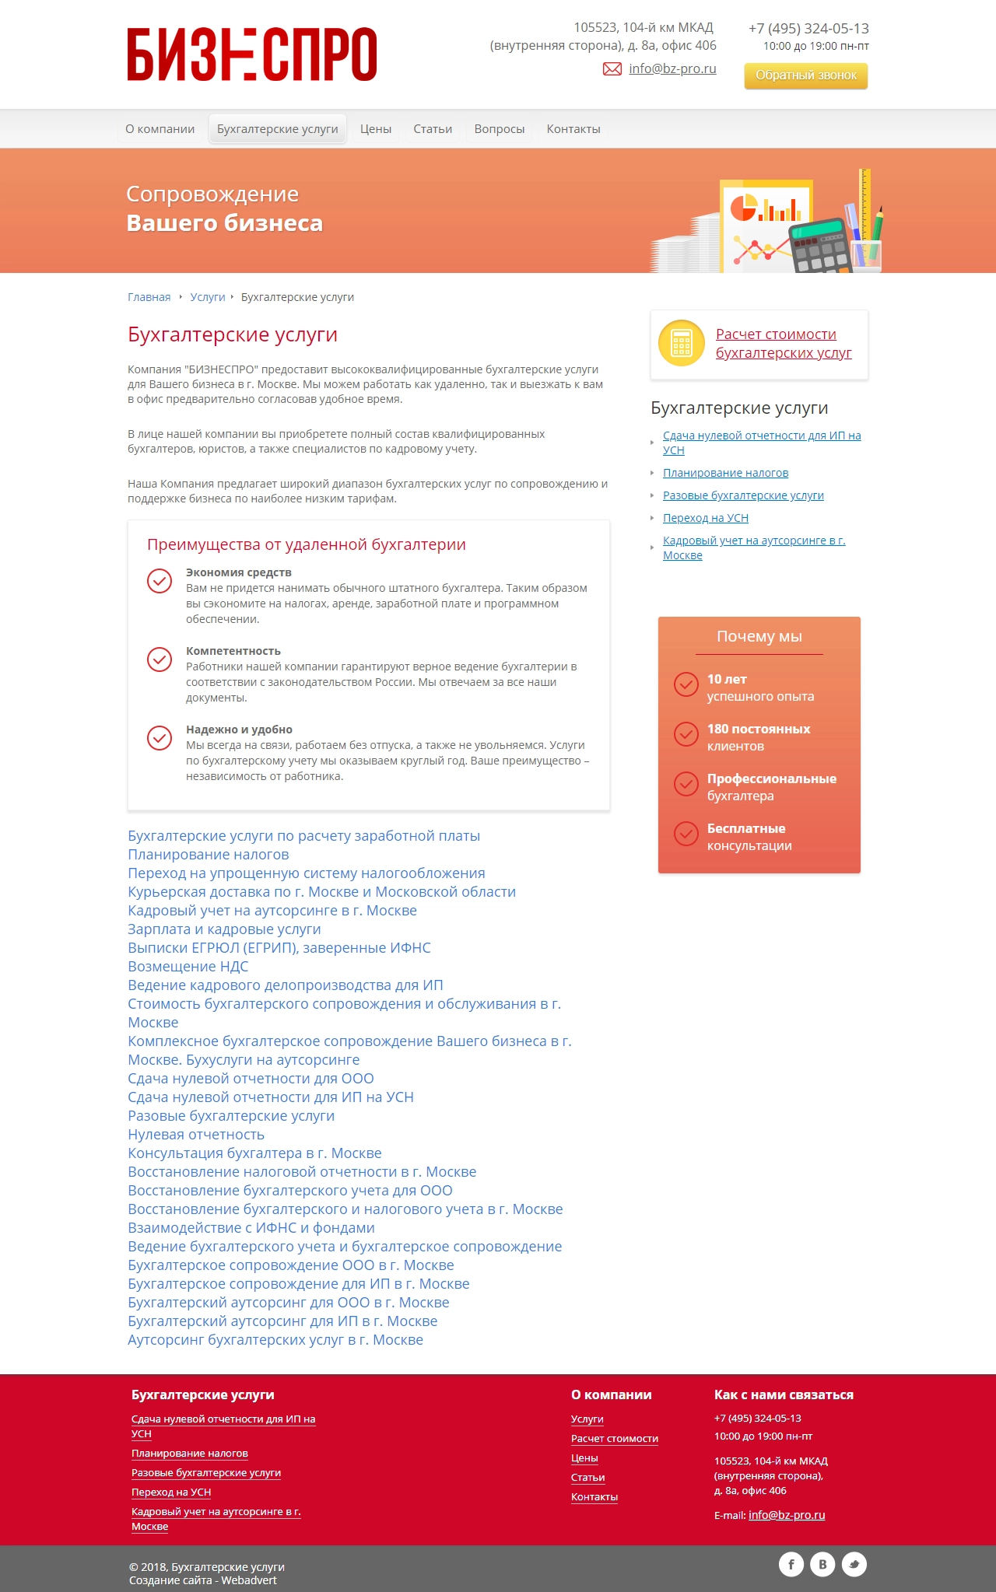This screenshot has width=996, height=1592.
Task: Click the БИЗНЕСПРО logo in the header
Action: (252, 54)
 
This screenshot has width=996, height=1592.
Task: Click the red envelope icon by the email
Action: (612, 69)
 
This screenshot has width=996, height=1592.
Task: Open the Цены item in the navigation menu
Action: (375, 129)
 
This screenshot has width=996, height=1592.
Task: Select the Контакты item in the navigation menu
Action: (573, 129)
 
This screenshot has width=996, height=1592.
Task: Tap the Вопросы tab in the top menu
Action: (500, 129)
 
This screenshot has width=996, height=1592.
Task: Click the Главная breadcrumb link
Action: (149, 297)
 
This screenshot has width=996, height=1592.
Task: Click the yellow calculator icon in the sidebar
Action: (681, 343)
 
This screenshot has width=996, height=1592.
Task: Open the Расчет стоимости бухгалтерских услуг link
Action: (783, 344)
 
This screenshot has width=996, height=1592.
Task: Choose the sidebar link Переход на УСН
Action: (705, 518)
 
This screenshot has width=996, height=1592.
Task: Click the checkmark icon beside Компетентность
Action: (160, 659)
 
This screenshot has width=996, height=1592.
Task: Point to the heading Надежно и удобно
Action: (239, 730)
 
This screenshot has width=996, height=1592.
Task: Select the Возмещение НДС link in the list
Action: (188, 967)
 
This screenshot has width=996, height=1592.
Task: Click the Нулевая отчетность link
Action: (196, 1135)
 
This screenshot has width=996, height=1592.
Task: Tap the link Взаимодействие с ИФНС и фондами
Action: (251, 1228)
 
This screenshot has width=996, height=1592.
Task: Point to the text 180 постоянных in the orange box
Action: (758, 729)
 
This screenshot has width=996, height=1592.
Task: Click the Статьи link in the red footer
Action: (587, 1478)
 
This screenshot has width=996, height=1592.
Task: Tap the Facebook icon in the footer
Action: (791, 1564)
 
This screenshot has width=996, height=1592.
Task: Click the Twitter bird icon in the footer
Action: (854, 1564)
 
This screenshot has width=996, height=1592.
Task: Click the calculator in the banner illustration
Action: (820, 246)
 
